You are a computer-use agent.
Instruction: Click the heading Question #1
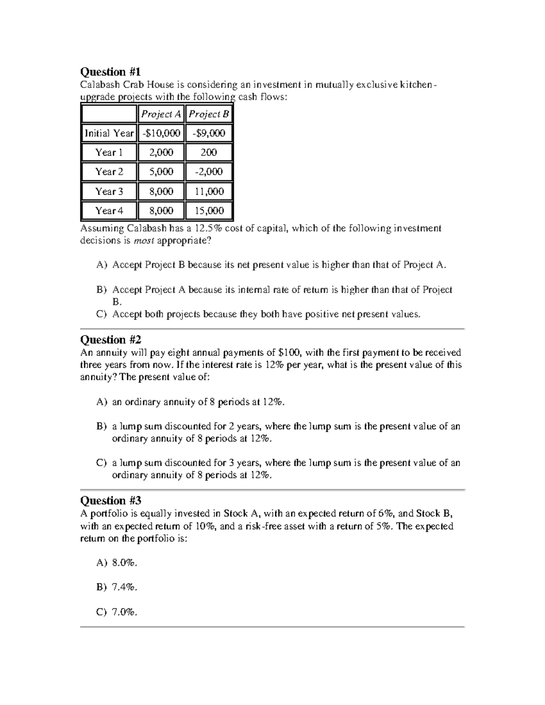tap(110, 72)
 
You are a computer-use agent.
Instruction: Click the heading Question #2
tap(110, 340)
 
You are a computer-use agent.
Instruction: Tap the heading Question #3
tap(110, 500)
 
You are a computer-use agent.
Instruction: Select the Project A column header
tap(161, 114)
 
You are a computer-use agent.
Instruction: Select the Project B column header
tap(209, 114)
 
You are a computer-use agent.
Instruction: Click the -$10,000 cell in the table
tap(161, 133)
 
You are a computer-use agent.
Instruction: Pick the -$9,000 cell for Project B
tap(209, 133)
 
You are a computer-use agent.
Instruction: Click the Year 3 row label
tap(109, 191)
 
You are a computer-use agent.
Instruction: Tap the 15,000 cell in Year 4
tap(209, 211)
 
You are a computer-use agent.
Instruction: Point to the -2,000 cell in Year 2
tap(209, 172)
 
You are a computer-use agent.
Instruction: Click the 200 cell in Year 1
tap(209, 153)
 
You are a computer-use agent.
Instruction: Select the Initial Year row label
tap(109, 133)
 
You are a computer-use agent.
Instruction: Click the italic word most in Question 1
tap(144, 241)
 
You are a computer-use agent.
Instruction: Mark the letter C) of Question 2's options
tap(101, 463)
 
